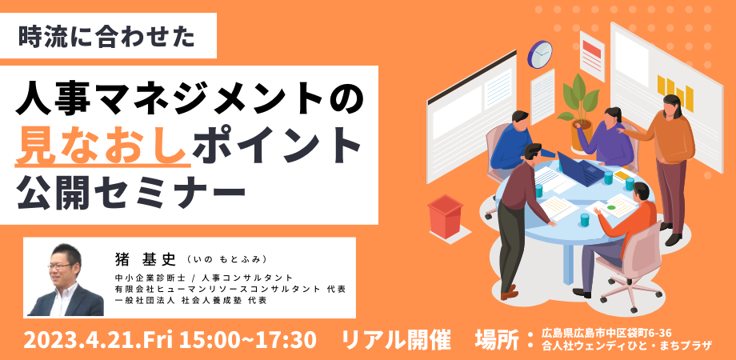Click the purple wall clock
click(x=540, y=54)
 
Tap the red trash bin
click(x=445, y=216)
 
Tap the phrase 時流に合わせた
click(x=106, y=37)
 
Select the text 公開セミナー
click(x=130, y=194)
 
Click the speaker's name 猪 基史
click(x=145, y=258)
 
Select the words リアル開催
click(x=397, y=340)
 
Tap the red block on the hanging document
click(x=592, y=47)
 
